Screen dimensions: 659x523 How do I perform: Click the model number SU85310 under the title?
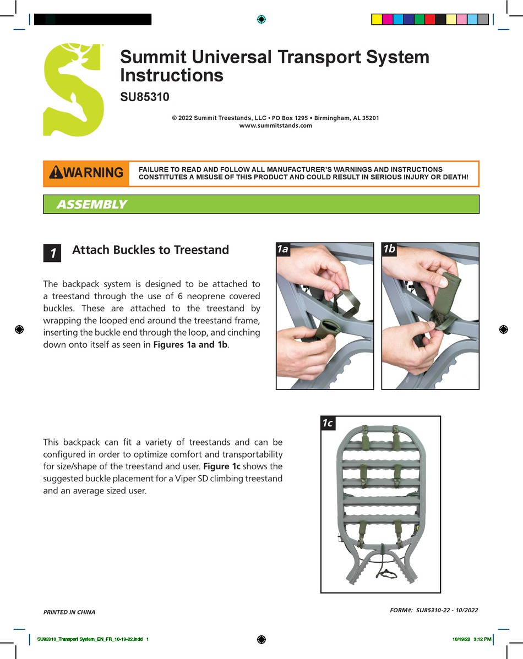tap(145, 97)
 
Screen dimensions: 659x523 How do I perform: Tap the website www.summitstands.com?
tap(275, 125)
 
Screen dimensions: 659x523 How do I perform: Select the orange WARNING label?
tap(86, 173)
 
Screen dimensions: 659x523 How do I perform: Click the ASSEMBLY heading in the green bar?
tap(91, 205)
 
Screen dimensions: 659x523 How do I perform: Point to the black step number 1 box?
tap(53, 253)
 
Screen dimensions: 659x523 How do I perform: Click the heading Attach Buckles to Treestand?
tap(150, 250)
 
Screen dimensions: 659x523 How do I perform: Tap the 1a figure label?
tap(283, 249)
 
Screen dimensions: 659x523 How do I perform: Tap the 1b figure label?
tap(389, 249)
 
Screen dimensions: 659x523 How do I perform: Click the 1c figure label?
tap(328, 423)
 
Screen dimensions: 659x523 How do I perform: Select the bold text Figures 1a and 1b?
tap(192, 344)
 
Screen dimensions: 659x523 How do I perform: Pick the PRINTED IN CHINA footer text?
tap(69, 612)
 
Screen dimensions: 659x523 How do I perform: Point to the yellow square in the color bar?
tap(377, 19)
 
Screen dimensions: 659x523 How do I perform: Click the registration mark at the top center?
tap(261, 19)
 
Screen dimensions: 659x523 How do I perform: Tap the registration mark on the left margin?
tap(19, 329)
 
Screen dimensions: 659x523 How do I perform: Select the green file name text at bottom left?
tap(92, 639)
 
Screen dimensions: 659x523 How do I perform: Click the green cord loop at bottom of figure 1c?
tap(387, 573)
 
